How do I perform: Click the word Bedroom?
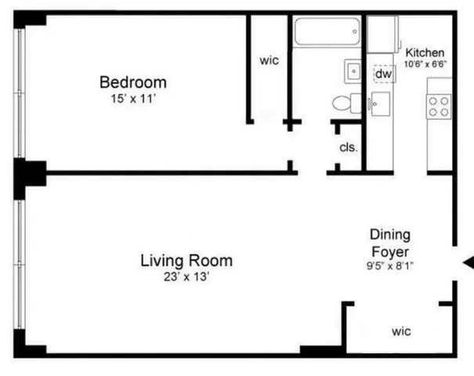point(132,81)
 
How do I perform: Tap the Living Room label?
point(186,260)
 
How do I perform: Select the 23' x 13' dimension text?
point(186,277)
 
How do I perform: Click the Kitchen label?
point(425,52)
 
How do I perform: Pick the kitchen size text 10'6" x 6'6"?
point(425,63)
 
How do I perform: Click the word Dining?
point(390,234)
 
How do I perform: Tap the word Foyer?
point(390,251)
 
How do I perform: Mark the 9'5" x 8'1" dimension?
point(390,266)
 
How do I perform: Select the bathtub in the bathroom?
point(328,34)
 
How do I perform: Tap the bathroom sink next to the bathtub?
point(353,71)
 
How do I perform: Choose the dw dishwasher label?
point(383,74)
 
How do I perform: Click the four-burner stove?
point(438,107)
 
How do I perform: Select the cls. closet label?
point(348,146)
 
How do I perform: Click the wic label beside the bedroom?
point(269,60)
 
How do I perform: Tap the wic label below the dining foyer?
point(401,331)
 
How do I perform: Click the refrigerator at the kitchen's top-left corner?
point(382,34)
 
